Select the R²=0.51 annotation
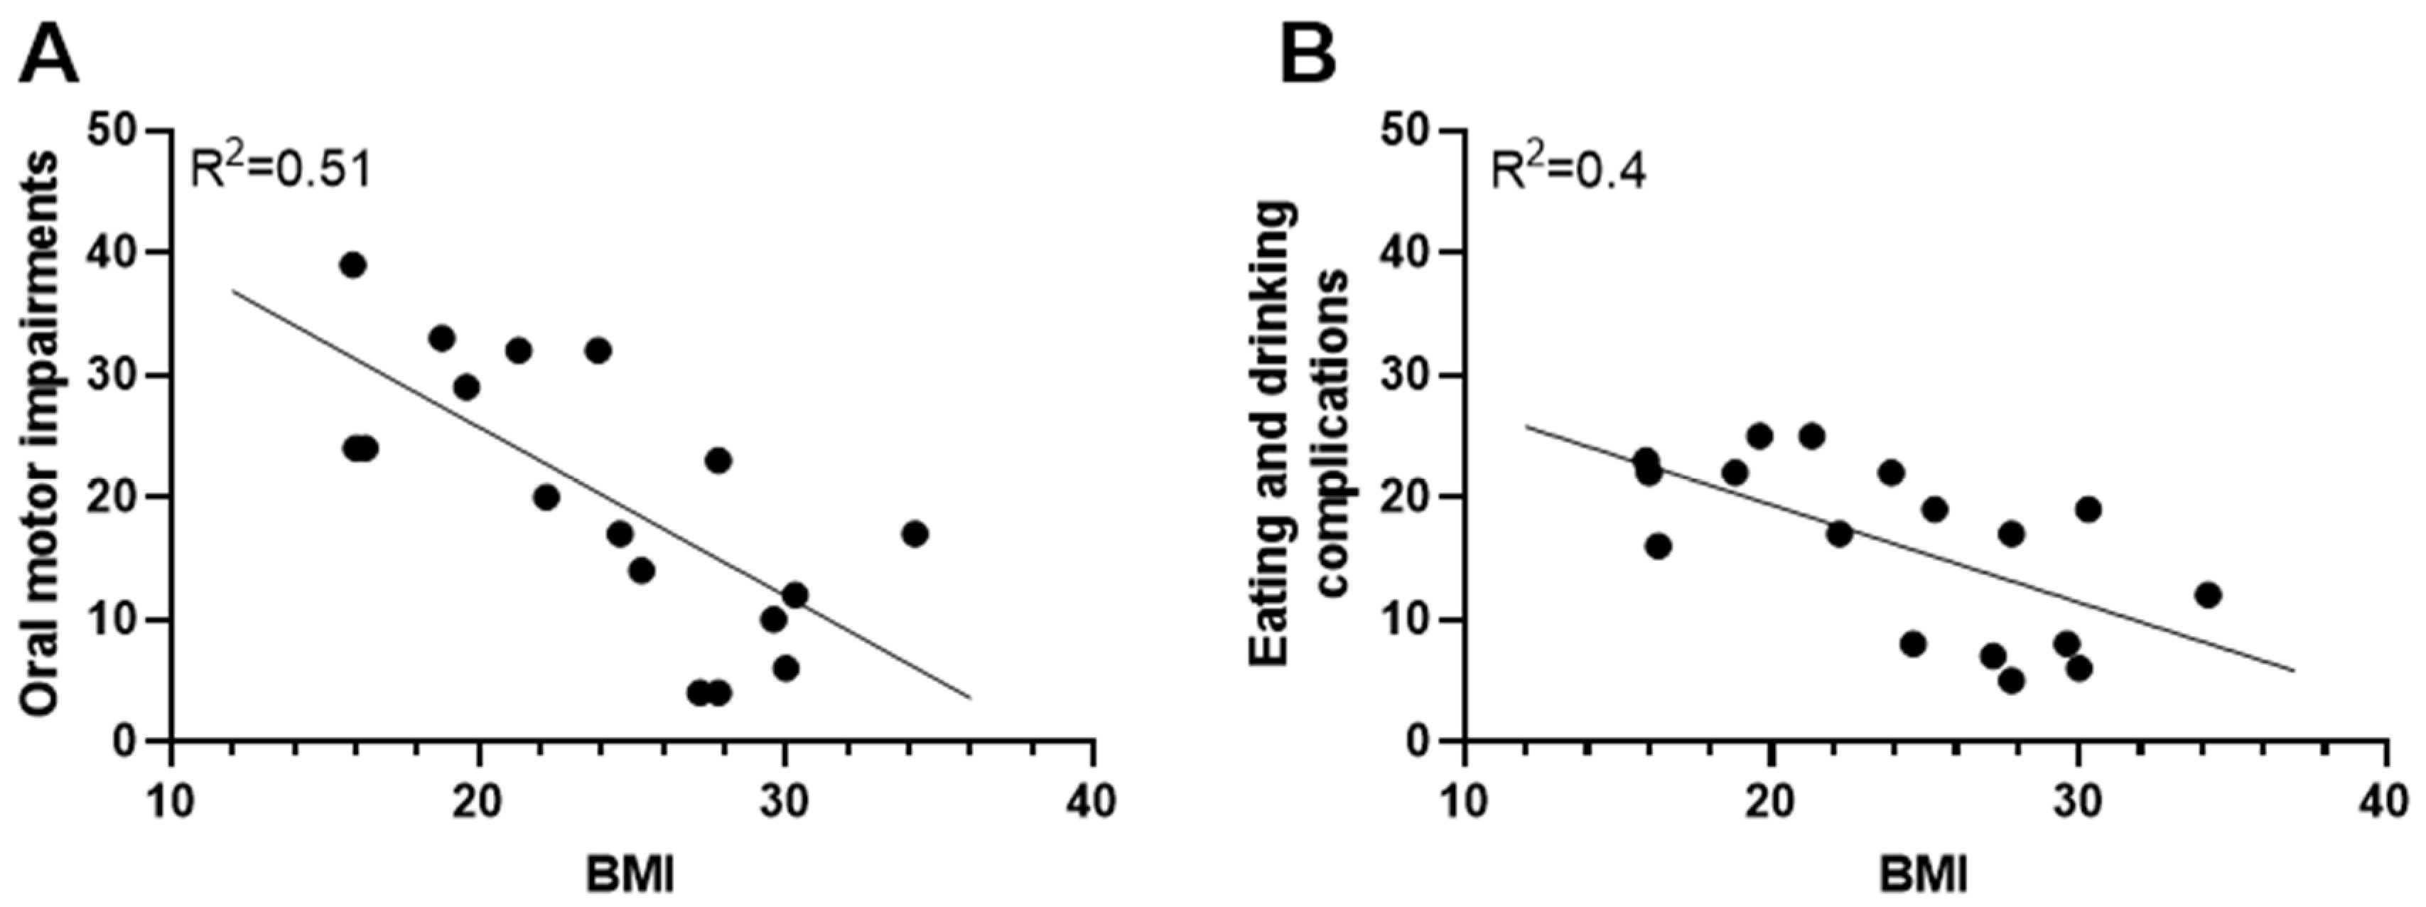tap(281, 170)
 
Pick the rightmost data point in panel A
tap(915, 534)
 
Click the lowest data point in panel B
tap(2012, 681)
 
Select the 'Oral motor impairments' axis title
tap(40, 435)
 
